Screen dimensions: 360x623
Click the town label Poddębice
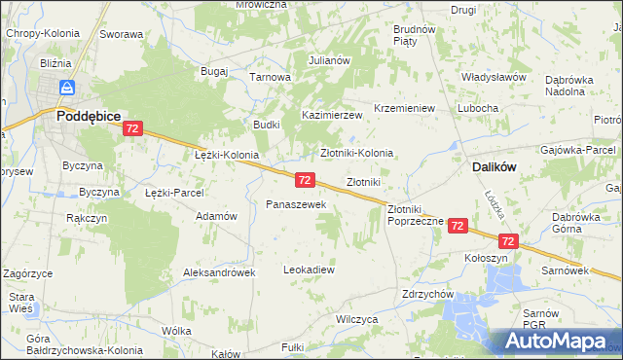88,115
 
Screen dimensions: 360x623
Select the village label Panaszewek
289,204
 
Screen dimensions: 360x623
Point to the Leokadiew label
309,269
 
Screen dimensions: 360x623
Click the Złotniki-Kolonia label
357,153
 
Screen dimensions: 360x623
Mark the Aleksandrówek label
219,272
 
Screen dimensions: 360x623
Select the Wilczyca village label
355,318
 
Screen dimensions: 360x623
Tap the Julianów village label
329,60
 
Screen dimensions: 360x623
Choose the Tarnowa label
271,77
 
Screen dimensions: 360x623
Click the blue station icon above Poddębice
66,88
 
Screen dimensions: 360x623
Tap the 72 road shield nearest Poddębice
133,128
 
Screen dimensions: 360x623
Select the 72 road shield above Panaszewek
305,180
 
